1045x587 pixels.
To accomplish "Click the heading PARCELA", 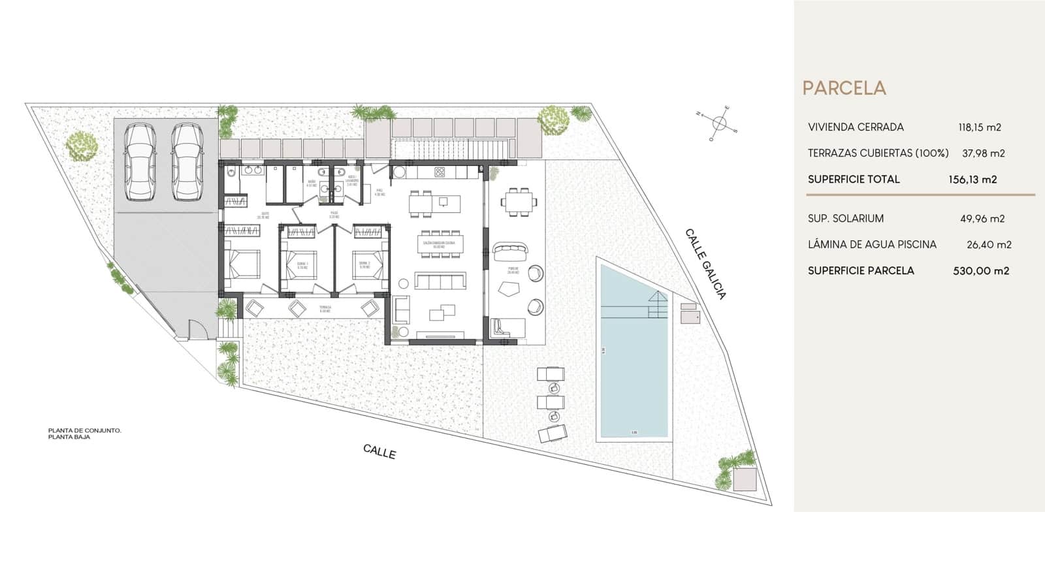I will (844, 88).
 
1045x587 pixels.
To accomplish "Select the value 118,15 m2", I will (980, 127).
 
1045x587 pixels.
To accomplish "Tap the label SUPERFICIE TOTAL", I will (854, 179).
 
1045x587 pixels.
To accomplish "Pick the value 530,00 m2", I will (981, 270).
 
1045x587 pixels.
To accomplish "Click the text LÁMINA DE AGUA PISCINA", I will (872, 244).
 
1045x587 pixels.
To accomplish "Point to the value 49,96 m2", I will (982, 219).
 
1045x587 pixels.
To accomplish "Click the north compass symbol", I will (718, 123).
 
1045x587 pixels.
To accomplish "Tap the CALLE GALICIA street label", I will (705, 264).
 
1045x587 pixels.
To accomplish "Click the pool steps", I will (658, 304).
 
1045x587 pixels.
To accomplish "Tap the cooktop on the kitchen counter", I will (440, 172).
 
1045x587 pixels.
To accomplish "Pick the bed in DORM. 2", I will (369, 264).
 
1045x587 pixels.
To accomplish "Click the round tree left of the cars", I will (82, 144).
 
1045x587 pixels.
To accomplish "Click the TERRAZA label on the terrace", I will (325, 307).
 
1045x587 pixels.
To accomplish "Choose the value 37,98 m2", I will (983, 153).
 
